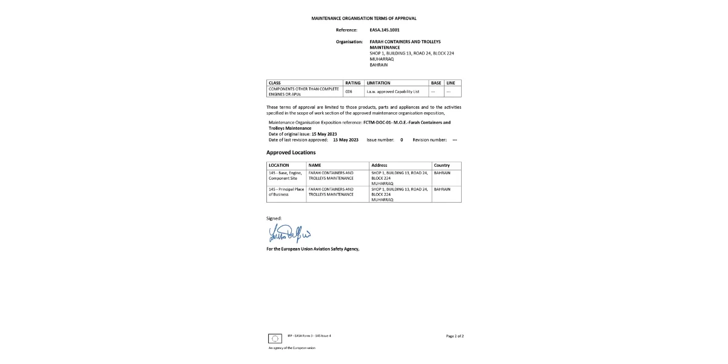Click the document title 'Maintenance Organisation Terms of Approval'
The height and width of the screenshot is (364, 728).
point(363,19)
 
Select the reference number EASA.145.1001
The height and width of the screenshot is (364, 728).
point(384,30)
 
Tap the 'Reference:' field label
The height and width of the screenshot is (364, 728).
point(346,30)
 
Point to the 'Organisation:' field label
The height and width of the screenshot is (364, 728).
point(349,42)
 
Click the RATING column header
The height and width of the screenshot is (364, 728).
point(352,83)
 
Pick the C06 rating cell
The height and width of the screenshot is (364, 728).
point(349,92)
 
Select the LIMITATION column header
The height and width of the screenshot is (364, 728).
point(379,83)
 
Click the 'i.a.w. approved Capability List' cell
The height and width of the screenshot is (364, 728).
point(393,92)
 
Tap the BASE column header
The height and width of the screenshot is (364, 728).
point(436,83)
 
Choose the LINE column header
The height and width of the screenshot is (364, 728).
point(450,83)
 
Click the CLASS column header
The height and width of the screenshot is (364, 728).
point(275,83)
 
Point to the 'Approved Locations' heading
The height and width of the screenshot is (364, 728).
point(291,152)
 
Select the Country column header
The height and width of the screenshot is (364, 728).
point(442,165)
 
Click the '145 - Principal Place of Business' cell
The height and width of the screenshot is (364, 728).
point(286,192)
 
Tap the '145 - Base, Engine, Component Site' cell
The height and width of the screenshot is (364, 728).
point(286,175)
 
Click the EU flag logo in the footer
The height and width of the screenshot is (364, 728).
point(275,338)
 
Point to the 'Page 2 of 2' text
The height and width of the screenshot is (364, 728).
point(454,335)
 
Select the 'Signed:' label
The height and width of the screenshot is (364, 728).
point(274,218)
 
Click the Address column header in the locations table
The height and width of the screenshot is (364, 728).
point(379,165)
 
